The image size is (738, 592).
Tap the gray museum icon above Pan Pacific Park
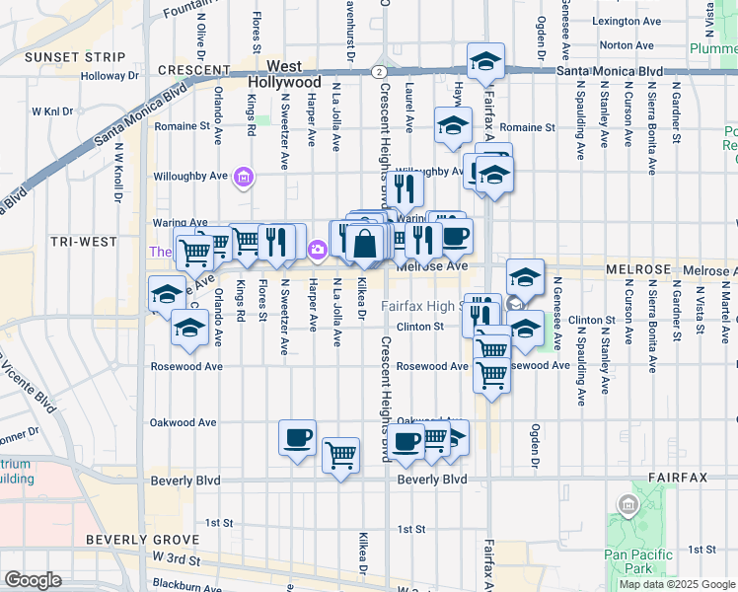(x=626, y=507)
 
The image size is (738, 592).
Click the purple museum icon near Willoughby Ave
(x=243, y=178)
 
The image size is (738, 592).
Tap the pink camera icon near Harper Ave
(x=318, y=251)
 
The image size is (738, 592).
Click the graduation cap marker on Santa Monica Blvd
(x=484, y=62)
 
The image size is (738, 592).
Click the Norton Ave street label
(x=626, y=45)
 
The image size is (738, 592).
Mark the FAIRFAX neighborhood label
(x=678, y=478)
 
